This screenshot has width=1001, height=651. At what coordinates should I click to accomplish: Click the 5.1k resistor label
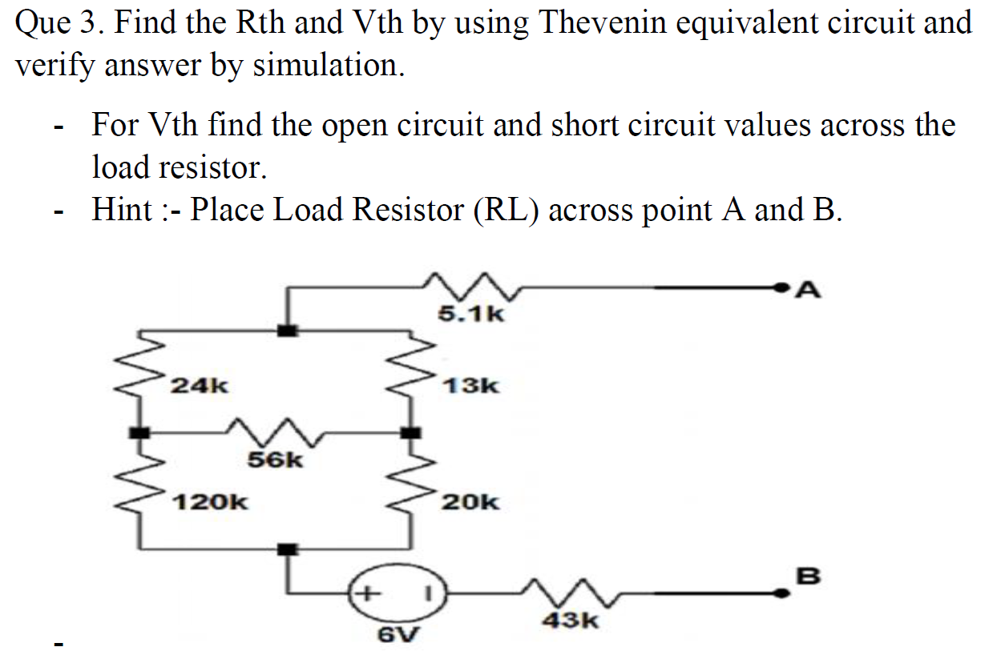(471, 313)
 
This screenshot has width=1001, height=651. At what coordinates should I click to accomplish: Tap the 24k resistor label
(200, 386)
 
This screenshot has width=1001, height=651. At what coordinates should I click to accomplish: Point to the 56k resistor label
(275, 460)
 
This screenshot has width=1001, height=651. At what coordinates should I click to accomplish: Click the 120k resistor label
(211, 503)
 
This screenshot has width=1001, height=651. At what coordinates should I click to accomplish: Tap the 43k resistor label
(571, 620)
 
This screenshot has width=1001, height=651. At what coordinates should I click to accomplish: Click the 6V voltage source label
(398, 635)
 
